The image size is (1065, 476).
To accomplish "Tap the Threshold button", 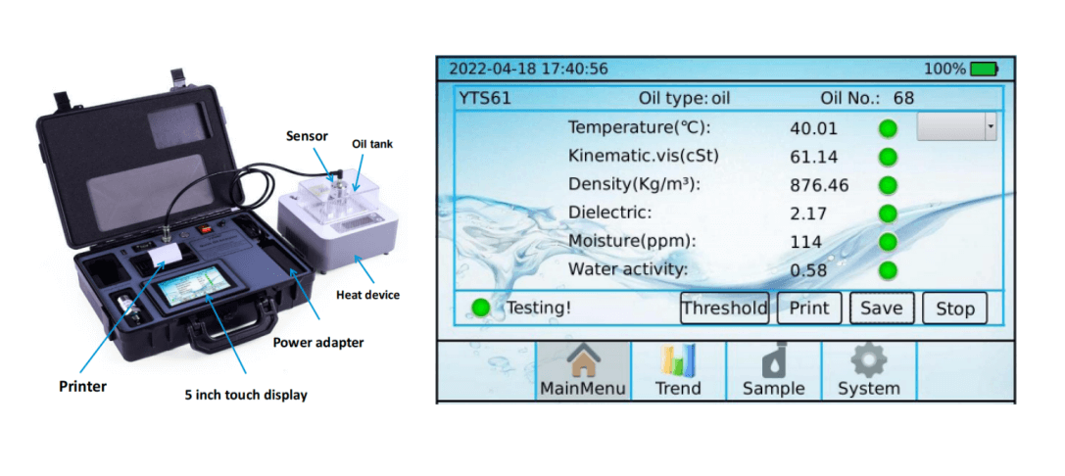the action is click(725, 309).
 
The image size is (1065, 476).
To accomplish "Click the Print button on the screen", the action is click(809, 309).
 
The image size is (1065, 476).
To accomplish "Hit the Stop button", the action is click(954, 309).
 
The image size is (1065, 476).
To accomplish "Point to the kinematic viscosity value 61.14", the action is click(814, 158).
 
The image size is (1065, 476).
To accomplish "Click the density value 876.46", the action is click(819, 185).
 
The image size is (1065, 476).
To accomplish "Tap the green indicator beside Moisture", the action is click(888, 243).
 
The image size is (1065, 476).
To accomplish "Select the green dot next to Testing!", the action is click(481, 309).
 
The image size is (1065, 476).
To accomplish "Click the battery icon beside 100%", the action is click(985, 69).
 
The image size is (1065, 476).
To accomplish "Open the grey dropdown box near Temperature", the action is click(956, 127).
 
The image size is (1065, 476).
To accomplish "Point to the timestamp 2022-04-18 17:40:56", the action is click(529, 70).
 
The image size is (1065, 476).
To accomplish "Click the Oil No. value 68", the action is click(903, 98).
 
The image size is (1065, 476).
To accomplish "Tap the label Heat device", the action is click(367, 295).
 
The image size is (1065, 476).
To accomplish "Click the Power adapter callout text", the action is click(317, 342).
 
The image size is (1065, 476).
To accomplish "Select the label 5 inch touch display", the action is click(246, 395).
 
